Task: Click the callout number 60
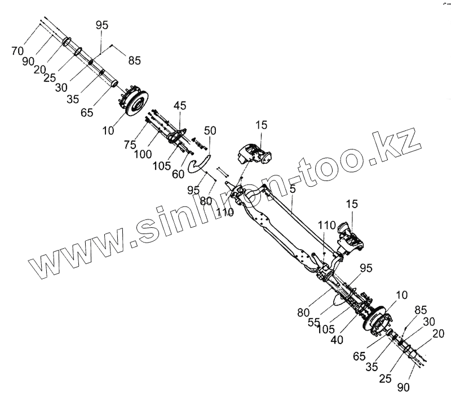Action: pos(178,174)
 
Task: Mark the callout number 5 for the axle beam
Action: pos(293,189)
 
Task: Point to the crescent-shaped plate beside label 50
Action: pos(198,165)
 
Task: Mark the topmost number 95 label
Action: pos(101,25)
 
